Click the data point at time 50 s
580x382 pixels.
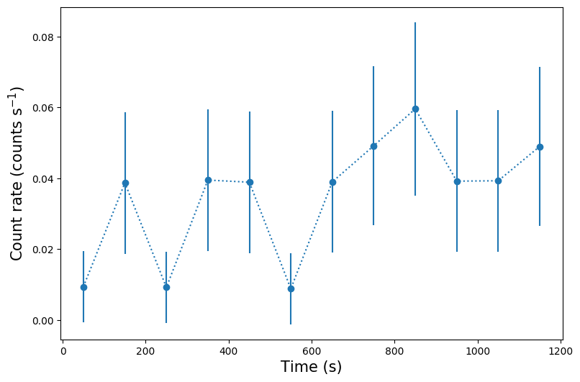pyautogui.click(x=83, y=287)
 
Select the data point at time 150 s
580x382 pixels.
pyautogui.click(x=125, y=183)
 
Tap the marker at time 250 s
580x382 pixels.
pyautogui.click(x=166, y=287)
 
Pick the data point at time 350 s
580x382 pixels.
pyautogui.click(x=208, y=180)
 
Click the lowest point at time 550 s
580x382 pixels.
pyautogui.click(x=291, y=288)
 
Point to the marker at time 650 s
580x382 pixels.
pyautogui.click(x=332, y=182)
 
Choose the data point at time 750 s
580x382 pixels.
pyautogui.click(x=373, y=146)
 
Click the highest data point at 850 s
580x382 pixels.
pyautogui.click(x=415, y=109)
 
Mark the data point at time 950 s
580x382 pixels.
pyautogui.click(x=457, y=181)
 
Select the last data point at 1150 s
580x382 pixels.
pyautogui.click(x=540, y=147)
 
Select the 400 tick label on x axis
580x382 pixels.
pyautogui.click(x=229, y=351)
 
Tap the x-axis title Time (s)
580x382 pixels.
pyautogui.click(x=311, y=367)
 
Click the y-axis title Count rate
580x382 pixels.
pyautogui.click(x=17, y=173)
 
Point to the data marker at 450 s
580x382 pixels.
pyautogui.click(x=250, y=182)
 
